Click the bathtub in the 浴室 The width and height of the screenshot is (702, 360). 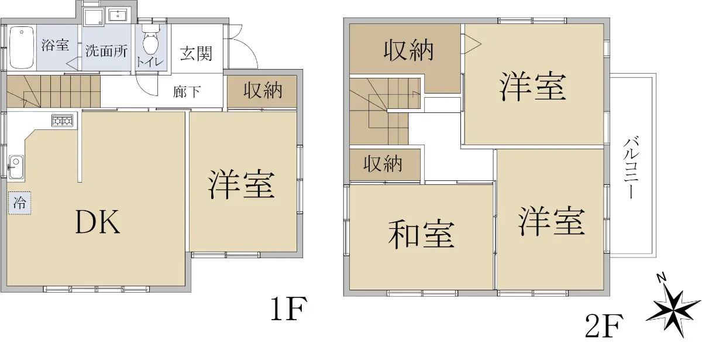(22, 47)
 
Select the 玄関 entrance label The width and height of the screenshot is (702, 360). (195, 54)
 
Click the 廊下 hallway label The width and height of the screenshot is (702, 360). (187, 92)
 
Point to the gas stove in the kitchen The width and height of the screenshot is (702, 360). (62, 121)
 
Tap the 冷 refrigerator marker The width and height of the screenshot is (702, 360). (20, 204)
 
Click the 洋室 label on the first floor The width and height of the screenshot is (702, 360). (241, 184)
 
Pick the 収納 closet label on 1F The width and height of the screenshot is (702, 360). (263, 91)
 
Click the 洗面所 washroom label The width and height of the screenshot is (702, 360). (106, 50)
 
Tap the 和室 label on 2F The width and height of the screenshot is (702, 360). (421, 233)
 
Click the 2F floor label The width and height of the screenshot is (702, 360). (605, 327)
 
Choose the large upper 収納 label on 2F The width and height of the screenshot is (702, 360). (409, 52)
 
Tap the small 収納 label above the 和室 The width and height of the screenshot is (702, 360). (383, 164)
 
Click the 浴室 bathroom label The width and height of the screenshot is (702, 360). (56, 46)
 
